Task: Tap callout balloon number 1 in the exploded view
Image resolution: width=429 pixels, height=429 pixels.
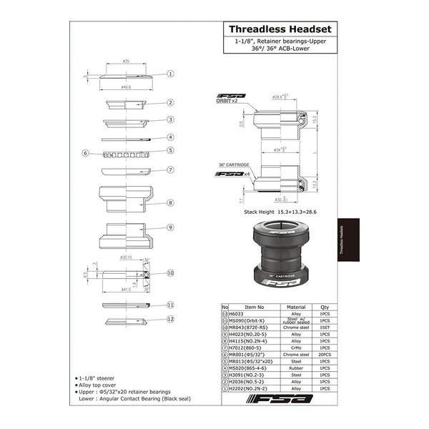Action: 172,73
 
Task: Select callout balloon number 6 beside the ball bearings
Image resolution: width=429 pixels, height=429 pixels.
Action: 85,152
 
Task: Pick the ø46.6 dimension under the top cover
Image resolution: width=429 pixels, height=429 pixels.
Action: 126,86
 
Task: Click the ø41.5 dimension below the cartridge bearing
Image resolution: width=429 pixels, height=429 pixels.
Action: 126,290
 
